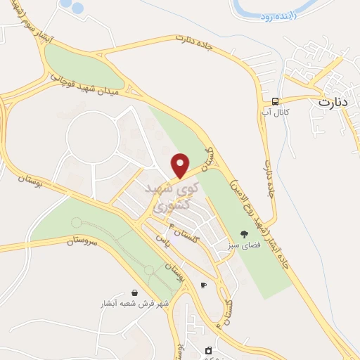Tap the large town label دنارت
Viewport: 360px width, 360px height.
pos(333,102)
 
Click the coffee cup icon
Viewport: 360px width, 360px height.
pos(203,285)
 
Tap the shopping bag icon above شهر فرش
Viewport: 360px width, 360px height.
pos(134,292)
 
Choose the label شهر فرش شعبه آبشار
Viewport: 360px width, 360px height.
pos(134,305)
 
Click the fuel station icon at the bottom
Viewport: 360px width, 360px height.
pos(207,349)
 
